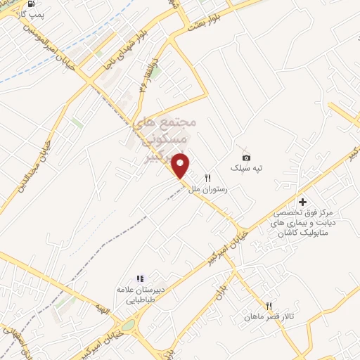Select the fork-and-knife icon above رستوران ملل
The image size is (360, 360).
(207, 179)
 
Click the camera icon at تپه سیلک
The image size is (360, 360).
(246, 156)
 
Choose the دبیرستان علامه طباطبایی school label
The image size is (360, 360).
(140, 294)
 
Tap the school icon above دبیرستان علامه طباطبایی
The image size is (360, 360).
(140, 278)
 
